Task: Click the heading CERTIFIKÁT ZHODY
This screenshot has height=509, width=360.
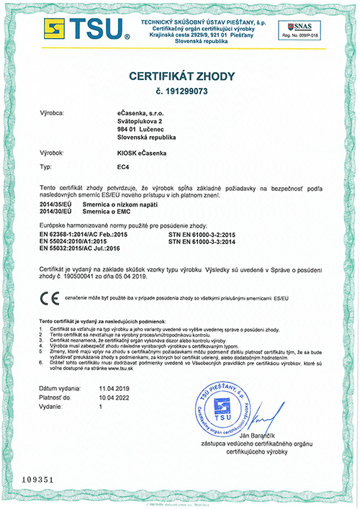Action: tap(180, 76)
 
